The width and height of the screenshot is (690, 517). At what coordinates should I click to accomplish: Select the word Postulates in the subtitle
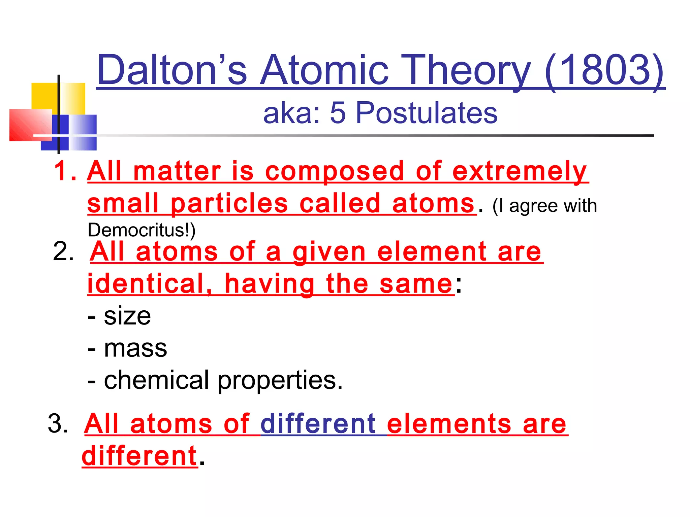pyautogui.click(x=426, y=113)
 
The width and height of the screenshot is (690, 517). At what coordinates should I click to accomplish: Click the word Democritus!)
pyautogui.click(x=142, y=230)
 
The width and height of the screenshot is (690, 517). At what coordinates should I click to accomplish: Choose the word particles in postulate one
pyautogui.click(x=229, y=204)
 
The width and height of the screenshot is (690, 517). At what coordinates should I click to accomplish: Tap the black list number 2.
pyautogui.click(x=63, y=251)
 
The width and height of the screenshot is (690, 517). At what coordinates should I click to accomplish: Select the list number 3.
pyautogui.click(x=58, y=423)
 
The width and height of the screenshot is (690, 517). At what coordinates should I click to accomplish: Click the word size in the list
pyautogui.click(x=127, y=316)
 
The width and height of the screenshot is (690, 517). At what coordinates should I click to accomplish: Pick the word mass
pyautogui.click(x=135, y=348)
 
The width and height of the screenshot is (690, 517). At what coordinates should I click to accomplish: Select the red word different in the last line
pyautogui.click(x=139, y=456)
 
